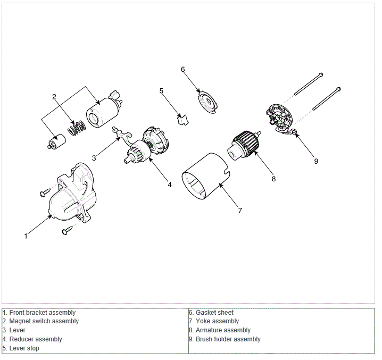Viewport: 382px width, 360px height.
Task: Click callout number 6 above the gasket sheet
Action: click(x=182, y=70)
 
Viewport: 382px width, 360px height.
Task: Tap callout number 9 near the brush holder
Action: click(x=316, y=161)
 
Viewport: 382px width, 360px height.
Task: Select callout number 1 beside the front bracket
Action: click(x=26, y=236)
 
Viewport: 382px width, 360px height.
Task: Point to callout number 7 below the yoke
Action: click(x=240, y=210)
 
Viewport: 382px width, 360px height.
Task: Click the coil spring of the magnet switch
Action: click(x=77, y=128)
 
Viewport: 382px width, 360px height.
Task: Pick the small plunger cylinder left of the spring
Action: click(x=56, y=142)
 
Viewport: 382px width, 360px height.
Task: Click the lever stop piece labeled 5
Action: click(x=182, y=120)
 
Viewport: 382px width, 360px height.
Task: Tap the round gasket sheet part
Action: click(x=206, y=102)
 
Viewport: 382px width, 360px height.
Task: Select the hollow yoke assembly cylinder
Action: click(x=206, y=177)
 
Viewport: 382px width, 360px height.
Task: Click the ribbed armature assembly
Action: click(x=244, y=145)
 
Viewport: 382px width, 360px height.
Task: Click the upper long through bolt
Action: click(x=309, y=84)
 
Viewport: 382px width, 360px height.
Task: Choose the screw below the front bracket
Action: click(x=67, y=230)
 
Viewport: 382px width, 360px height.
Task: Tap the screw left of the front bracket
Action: click(x=45, y=192)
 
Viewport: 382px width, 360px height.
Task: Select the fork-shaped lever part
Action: click(x=122, y=135)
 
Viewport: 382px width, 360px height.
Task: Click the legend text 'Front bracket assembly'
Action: click(x=43, y=313)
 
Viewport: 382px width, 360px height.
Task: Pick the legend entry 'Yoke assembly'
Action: click(x=217, y=321)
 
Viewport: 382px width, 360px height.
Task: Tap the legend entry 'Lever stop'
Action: click(x=24, y=348)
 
